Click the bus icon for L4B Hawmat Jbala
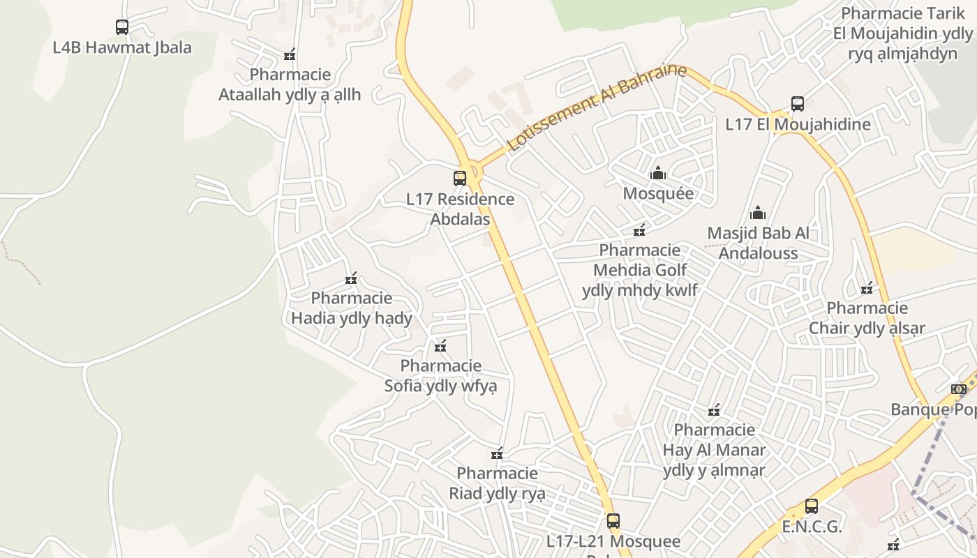(122, 27)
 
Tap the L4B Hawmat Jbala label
(122, 47)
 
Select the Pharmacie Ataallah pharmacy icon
(290, 54)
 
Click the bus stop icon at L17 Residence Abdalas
(459, 178)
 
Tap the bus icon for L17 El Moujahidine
(798, 104)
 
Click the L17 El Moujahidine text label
(798, 124)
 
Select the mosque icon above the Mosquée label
(657, 173)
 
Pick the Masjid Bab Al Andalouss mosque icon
(758, 213)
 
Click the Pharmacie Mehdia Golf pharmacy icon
(639, 230)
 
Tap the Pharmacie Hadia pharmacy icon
(351, 278)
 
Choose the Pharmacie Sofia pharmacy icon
(440, 346)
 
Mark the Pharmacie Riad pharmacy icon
(497, 454)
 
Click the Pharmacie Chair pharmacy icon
(867, 288)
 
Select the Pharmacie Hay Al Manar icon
(714, 410)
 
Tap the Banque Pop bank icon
(959, 389)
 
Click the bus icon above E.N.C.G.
(811, 506)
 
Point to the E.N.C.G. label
(812, 527)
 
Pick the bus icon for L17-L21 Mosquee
(613, 520)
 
